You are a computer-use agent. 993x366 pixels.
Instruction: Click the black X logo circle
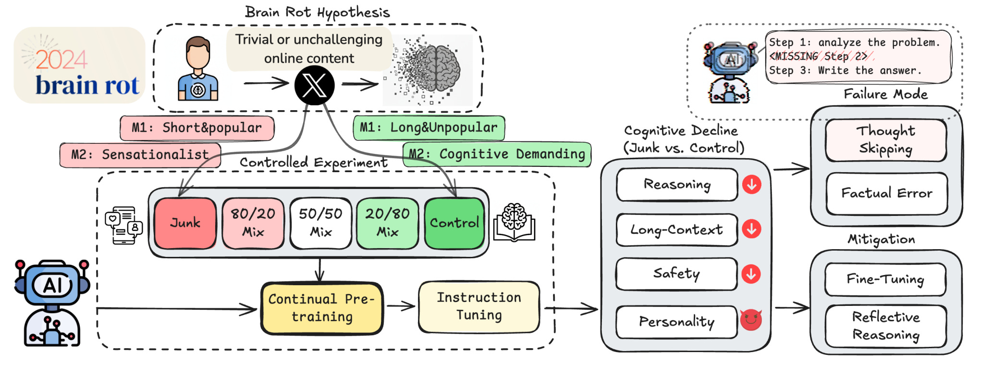(x=315, y=86)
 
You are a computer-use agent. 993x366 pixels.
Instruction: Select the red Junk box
(x=185, y=223)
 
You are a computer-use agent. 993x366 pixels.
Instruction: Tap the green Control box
(x=454, y=223)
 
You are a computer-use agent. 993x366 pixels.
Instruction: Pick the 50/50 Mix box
(x=320, y=223)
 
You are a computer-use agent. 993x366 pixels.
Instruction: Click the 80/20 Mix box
(x=253, y=223)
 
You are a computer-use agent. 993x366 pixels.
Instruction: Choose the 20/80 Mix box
(x=387, y=223)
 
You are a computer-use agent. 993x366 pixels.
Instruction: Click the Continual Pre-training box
(x=322, y=308)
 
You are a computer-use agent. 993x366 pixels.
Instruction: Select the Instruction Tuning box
(x=479, y=307)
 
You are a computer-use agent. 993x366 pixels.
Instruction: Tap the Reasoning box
(x=677, y=184)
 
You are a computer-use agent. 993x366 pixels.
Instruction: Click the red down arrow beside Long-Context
(x=751, y=229)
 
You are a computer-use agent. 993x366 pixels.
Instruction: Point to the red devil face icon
(x=751, y=320)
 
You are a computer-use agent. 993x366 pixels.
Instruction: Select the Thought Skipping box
(x=886, y=140)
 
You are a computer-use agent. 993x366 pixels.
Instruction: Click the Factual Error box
(x=886, y=193)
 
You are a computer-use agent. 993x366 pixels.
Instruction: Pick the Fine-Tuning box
(x=885, y=279)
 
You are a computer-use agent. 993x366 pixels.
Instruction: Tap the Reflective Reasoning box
(x=886, y=326)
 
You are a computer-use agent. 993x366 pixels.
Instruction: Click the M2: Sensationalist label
(x=140, y=155)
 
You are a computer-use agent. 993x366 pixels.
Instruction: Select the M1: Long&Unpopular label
(x=429, y=127)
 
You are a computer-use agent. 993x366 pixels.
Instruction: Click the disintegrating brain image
(x=428, y=70)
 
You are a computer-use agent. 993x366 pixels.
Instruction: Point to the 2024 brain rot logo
(x=80, y=65)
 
